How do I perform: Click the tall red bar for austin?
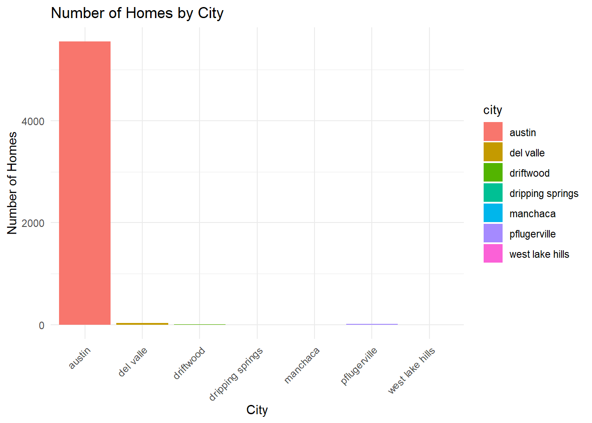[x=85, y=183]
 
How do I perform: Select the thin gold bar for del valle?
[x=142, y=323]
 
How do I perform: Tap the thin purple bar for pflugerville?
[x=372, y=324]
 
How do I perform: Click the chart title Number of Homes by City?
[x=137, y=13]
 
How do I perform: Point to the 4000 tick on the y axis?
[x=33, y=122]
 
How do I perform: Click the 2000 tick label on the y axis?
[x=33, y=223]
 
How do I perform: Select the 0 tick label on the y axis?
[x=41, y=326]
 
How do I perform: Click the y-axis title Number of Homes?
[x=12, y=183]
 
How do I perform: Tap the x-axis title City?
[x=257, y=410]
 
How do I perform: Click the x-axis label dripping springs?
[x=236, y=374]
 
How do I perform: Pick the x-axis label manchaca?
[x=302, y=365]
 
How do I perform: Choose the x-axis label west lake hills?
[x=411, y=371]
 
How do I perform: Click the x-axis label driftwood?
[x=189, y=363]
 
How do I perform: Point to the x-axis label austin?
[x=80, y=358]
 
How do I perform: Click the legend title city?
[x=492, y=110]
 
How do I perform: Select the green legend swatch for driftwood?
[x=493, y=172]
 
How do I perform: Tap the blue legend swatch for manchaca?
[x=493, y=213]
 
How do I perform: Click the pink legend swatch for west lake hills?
[x=493, y=253]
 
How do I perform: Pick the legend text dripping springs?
[x=544, y=194]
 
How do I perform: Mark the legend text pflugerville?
[x=533, y=234]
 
